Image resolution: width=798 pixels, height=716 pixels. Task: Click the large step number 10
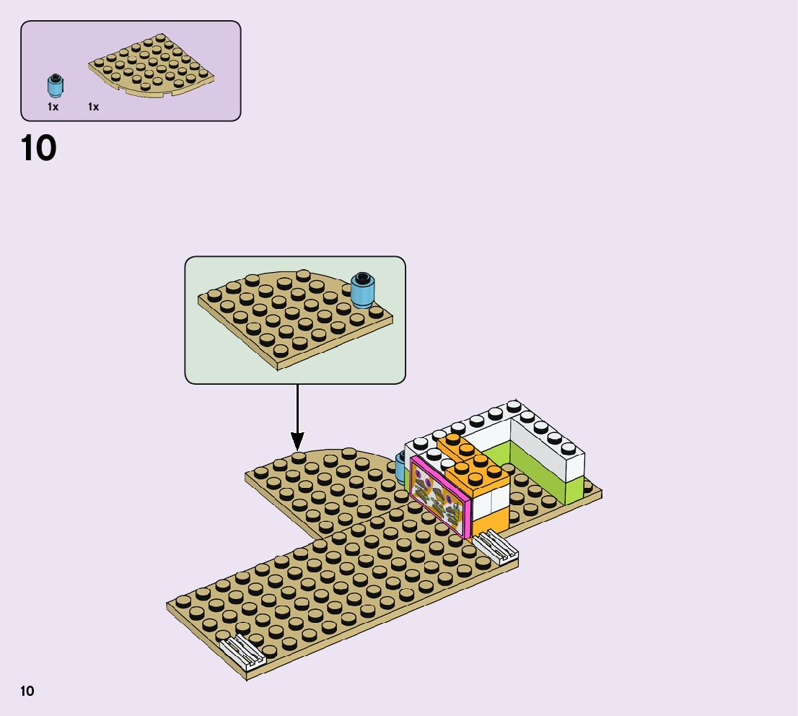click(x=39, y=148)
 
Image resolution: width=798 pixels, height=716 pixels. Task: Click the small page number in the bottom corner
click(x=27, y=691)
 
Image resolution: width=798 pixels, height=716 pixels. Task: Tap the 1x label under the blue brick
click(x=53, y=107)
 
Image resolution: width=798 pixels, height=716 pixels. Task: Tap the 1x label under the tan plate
click(x=93, y=107)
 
